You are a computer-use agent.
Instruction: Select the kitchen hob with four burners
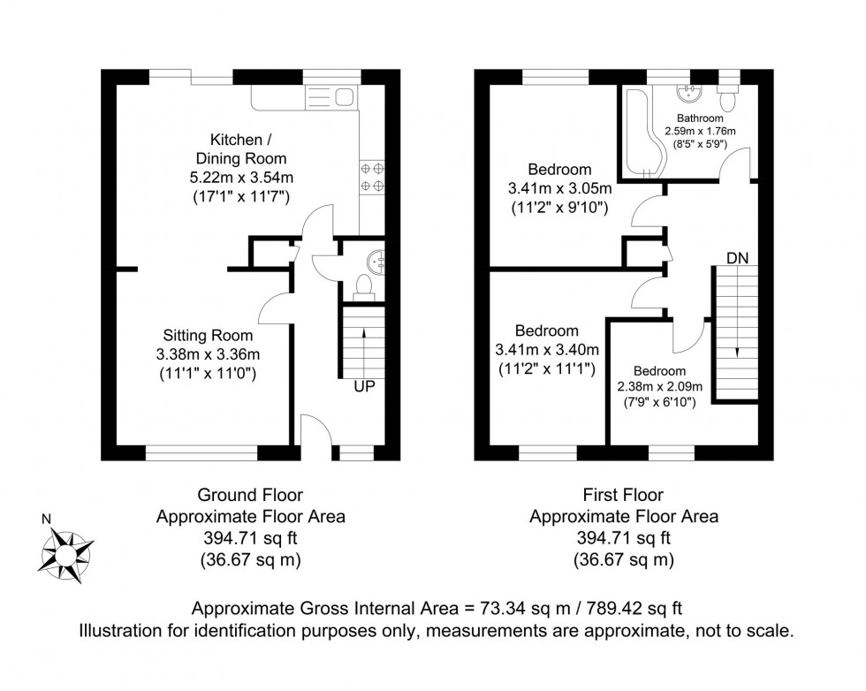point(372,177)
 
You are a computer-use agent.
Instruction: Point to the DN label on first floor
point(737,258)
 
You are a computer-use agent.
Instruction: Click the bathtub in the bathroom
point(638,133)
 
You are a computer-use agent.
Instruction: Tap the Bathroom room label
point(700,118)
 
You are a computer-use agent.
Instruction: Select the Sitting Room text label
point(208,336)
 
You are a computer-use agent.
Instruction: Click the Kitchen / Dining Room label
point(236,149)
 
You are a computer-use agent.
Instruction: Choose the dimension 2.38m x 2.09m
point(658,386)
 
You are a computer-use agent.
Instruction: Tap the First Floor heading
point(623,496)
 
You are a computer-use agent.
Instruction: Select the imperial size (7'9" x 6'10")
point(658,402)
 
